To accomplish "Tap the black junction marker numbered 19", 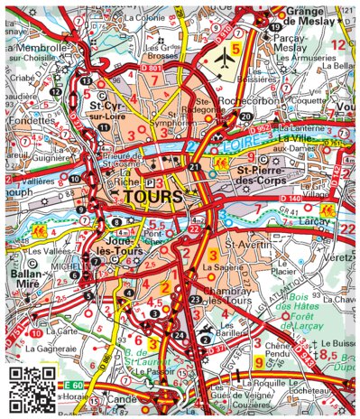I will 273,28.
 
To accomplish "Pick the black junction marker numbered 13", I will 85,81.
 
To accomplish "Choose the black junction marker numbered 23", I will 196,300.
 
